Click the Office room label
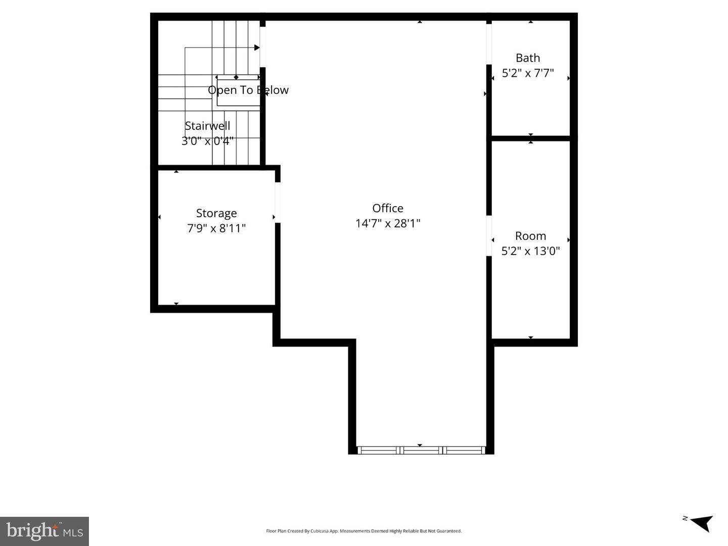388,208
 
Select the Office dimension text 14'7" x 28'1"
388,223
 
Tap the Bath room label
528,58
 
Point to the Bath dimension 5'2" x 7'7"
528,73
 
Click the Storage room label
216,213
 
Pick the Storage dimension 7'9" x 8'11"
216,228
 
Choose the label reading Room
530,236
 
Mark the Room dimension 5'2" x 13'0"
530,251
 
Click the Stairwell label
207,126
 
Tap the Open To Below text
248,90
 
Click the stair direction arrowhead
257,48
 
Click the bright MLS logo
44,531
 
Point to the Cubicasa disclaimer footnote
363,531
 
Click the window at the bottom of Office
421,450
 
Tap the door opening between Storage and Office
278,202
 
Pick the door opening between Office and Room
489,236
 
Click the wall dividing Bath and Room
531,138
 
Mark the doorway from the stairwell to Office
262,46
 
